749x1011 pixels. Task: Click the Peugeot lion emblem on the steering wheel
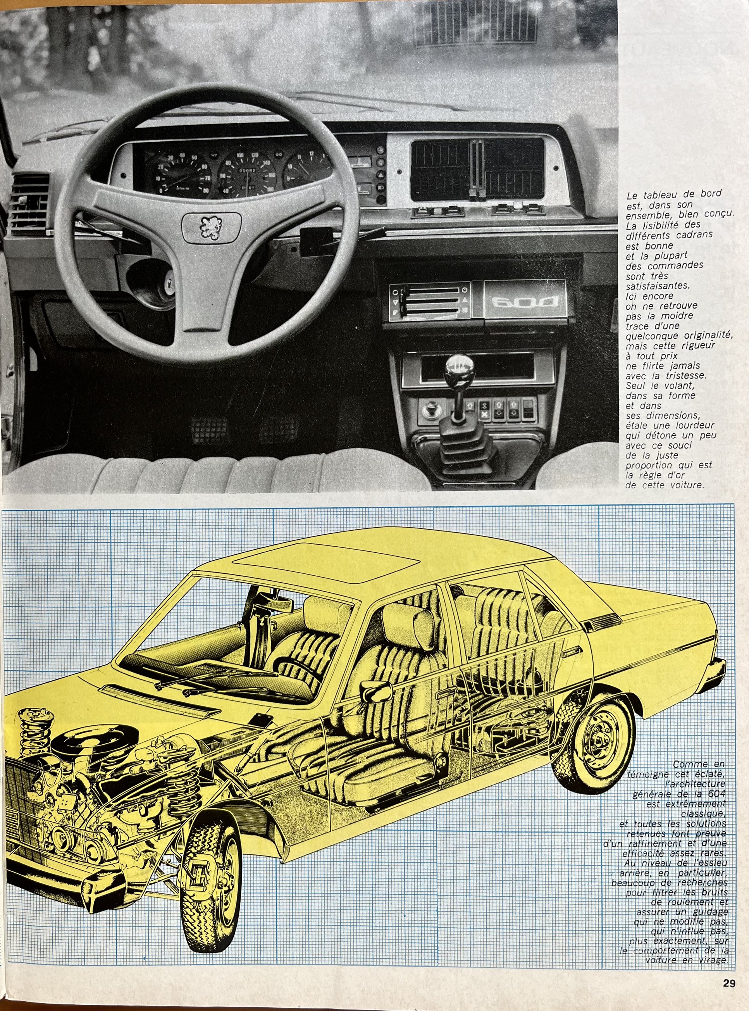tap(211, 227)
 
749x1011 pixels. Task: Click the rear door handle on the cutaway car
tap(573, 652)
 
